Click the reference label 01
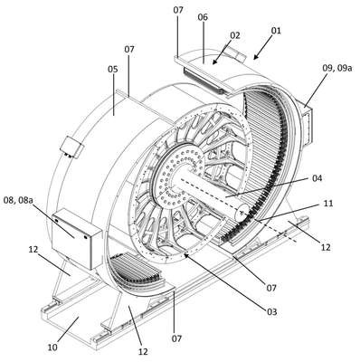276,31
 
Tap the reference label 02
235,35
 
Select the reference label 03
271,311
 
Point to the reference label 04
317,178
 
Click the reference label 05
113,70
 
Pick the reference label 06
203,17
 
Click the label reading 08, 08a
18,200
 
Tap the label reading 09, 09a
337,68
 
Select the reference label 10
52,348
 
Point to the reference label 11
327,204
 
